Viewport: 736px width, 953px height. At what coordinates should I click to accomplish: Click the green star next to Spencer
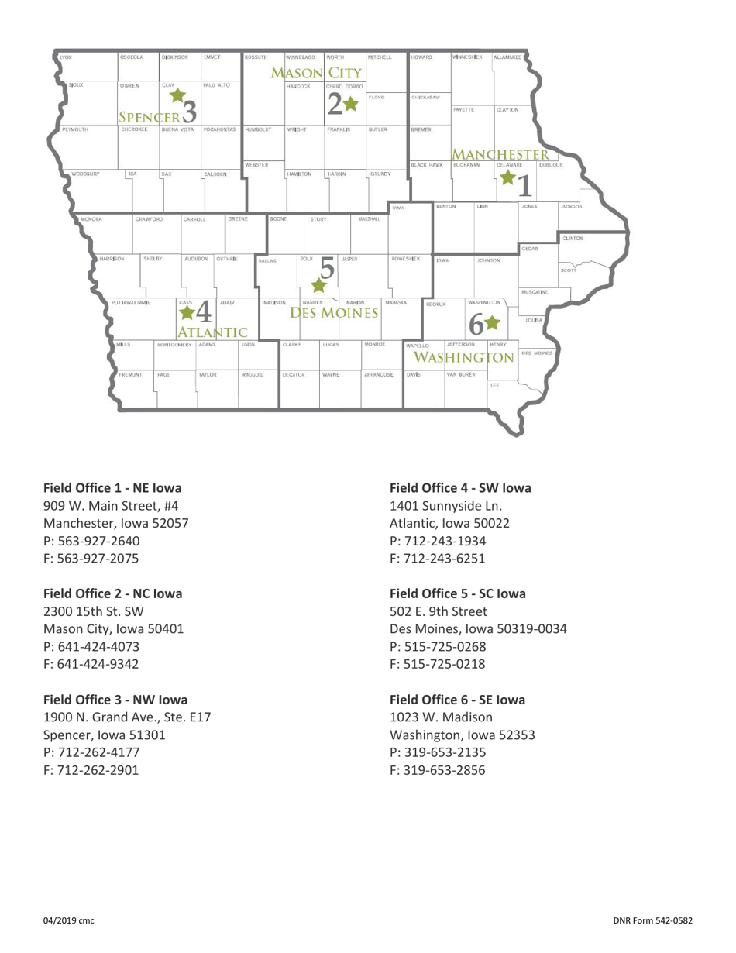[x=177, y=96]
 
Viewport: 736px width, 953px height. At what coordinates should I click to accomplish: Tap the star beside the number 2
[x=351, y=103]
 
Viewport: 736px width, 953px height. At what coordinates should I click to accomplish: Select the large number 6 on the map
[x=475, y=324]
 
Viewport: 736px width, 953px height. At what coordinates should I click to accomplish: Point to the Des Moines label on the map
[x=334, y=313]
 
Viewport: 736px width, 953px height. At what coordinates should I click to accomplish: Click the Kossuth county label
[x=256, y=57]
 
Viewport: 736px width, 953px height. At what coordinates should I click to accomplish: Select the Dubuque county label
[x=550, y=165]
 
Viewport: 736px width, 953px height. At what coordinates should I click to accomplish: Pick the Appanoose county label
[x=379, y=374]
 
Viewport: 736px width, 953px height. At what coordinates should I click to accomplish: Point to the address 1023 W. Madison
[x=441, y=717]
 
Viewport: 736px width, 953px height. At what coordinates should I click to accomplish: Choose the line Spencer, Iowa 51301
[x=104, y=735]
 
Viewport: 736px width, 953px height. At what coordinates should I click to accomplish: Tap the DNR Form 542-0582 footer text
[x=652, y=920]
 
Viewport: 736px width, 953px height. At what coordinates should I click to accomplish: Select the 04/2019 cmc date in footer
[x=68, y=920]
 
